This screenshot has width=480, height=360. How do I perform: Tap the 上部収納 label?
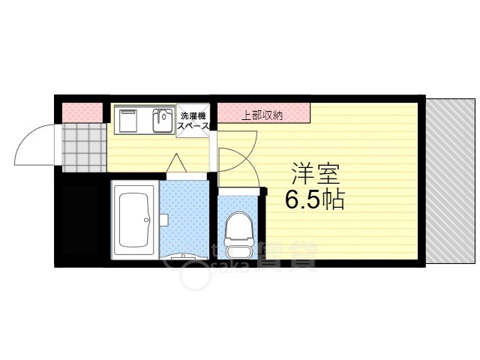point(262,115)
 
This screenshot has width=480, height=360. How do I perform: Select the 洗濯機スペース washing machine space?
point(193,121)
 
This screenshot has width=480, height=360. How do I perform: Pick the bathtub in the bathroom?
point(136,220)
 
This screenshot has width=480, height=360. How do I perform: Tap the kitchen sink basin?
point(162,119)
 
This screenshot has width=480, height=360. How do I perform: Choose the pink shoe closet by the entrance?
point(81,112)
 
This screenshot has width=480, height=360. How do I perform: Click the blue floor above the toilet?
point(238,202)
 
